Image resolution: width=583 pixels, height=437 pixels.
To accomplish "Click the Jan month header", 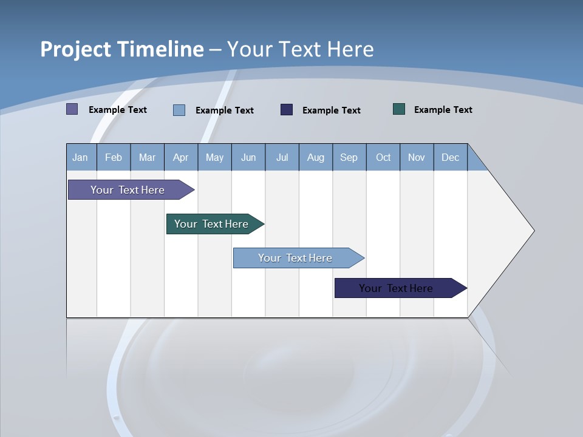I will [x=80, y=158].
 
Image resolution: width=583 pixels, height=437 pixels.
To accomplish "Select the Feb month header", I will [x=114, y=158].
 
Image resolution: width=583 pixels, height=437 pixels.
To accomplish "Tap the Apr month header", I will [x=180, y=158].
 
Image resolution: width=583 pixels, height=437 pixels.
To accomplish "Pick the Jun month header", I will [x=248, y=158].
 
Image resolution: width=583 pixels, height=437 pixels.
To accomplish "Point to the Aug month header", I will [x=315, y=158].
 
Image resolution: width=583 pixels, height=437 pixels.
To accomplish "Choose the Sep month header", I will [x=349, y=158].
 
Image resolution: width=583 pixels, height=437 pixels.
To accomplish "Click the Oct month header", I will [x=383, y=158].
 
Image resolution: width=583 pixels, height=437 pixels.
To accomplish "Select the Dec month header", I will [x=450, y=158].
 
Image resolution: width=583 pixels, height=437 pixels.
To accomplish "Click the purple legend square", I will [x=72, y=109].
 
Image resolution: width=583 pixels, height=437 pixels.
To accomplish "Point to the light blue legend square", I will [x=179, y=110].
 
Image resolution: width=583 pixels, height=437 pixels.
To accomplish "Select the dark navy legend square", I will [x=287, y=110].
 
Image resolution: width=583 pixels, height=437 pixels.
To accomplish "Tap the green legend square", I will [x=399, y=109].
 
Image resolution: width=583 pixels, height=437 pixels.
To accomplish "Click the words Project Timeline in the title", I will [x=121, y=49].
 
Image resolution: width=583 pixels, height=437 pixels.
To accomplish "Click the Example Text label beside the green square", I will [x=443, y=110].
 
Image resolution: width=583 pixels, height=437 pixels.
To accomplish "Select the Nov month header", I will [x=417, y=158].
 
